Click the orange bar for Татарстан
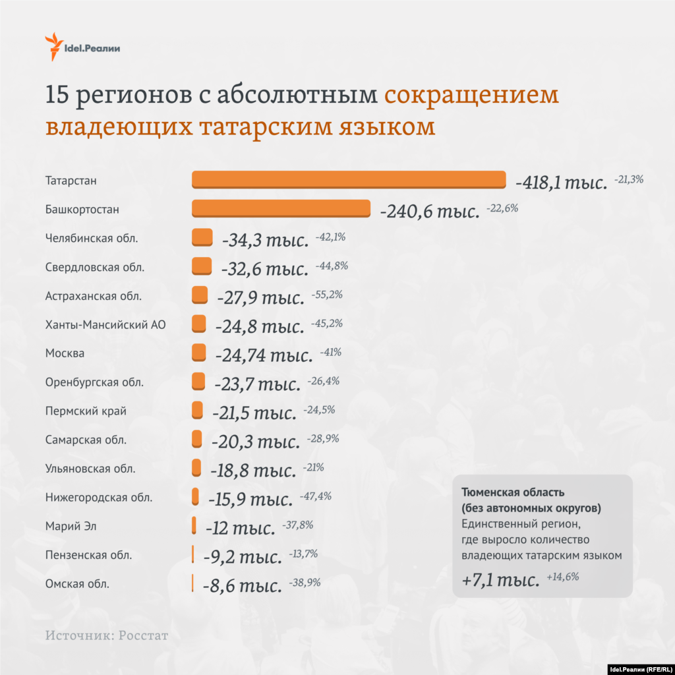348,180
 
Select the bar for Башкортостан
281,208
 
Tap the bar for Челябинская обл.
202,237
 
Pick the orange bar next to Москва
199,353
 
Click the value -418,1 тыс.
561,183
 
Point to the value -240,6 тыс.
429,212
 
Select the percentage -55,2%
327,295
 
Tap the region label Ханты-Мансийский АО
105,324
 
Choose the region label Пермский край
86,411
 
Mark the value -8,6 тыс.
241,585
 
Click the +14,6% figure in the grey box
563,577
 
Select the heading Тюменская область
513,492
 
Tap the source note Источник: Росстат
107,636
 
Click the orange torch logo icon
52,46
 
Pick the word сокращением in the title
471,95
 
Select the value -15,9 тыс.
250,499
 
